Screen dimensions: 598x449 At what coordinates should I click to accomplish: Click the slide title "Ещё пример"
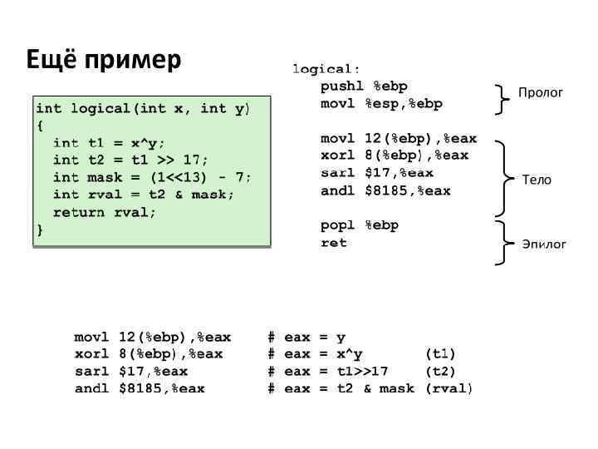104,61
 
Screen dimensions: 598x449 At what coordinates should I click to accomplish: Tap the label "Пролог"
541,92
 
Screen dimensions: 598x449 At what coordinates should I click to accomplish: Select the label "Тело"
536,180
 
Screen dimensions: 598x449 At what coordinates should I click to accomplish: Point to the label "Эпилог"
543,244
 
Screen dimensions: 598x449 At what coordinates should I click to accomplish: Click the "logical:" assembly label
326,68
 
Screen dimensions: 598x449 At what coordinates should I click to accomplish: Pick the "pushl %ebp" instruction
364,86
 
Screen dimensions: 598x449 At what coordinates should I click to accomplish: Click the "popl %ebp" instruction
360,225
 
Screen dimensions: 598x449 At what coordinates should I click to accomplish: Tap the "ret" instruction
334,243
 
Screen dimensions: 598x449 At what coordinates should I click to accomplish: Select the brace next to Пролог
502,98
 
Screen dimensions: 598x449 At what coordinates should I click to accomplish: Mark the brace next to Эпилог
502,242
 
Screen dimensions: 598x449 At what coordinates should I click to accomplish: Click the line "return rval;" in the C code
105,212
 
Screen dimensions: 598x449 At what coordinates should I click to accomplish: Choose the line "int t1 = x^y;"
109,142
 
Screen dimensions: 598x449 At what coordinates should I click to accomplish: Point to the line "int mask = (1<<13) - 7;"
152,177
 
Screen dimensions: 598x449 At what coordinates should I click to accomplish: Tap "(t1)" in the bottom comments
440,354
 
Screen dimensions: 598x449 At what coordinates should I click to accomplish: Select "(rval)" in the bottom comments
448,388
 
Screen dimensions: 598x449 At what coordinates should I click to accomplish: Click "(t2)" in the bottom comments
440,372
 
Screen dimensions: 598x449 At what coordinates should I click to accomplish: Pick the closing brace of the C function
39,229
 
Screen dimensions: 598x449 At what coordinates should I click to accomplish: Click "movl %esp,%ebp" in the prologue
381,104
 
